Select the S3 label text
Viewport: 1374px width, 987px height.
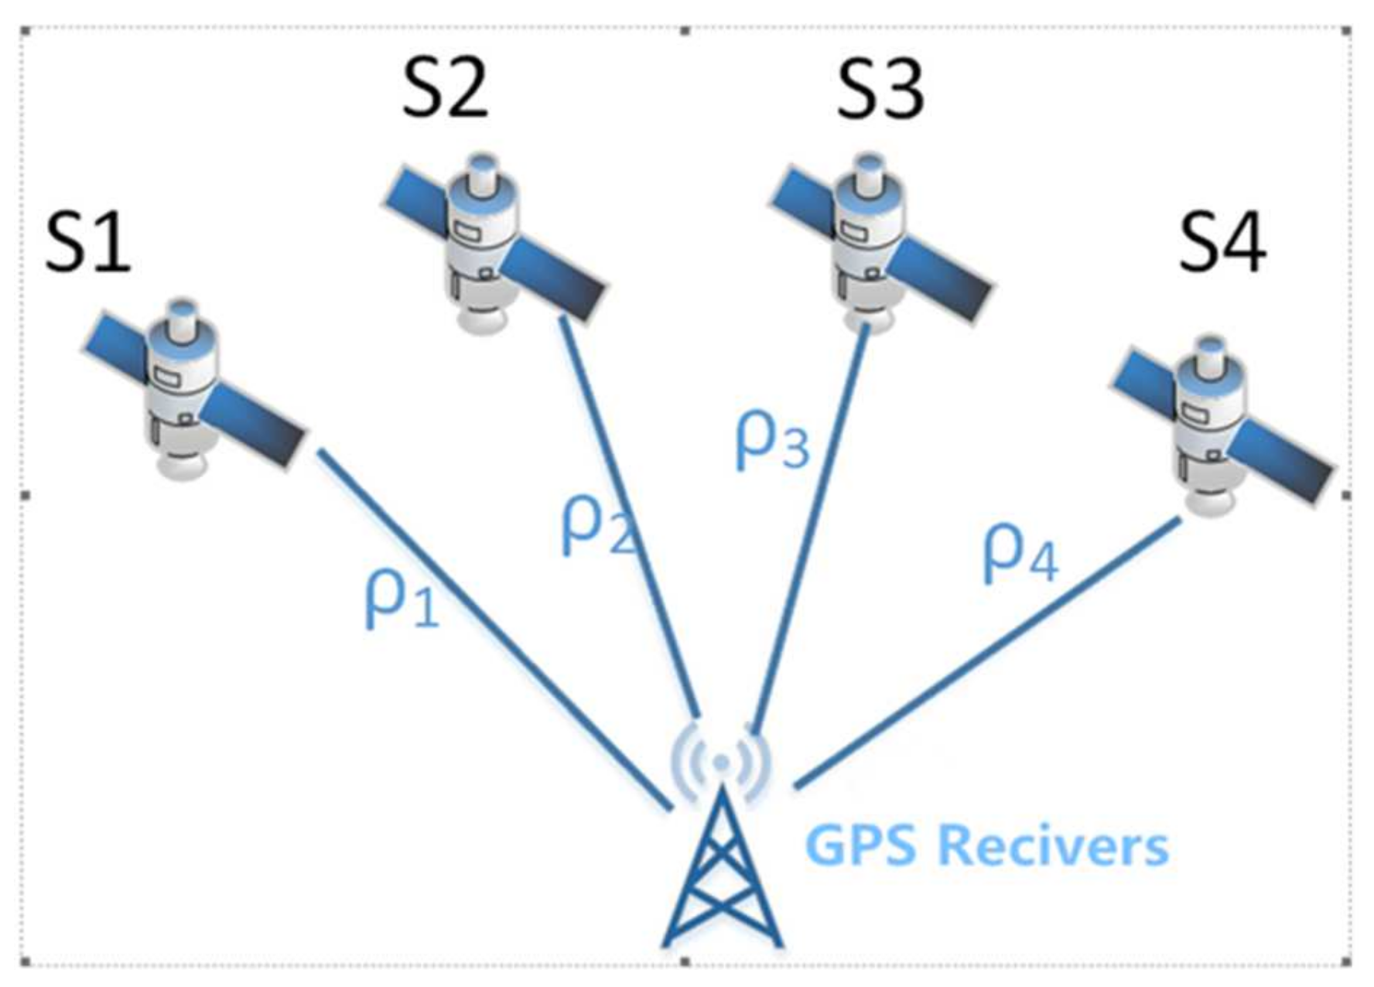pos(880,91)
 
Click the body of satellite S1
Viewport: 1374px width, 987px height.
pos(183,387)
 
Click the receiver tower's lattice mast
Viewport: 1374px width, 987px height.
pos(722,874)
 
